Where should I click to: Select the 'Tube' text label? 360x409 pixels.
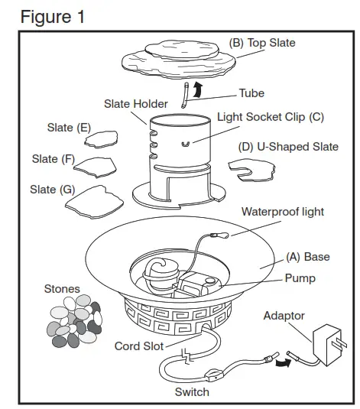pos(251,93)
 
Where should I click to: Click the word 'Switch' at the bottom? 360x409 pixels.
pos(192,391)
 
